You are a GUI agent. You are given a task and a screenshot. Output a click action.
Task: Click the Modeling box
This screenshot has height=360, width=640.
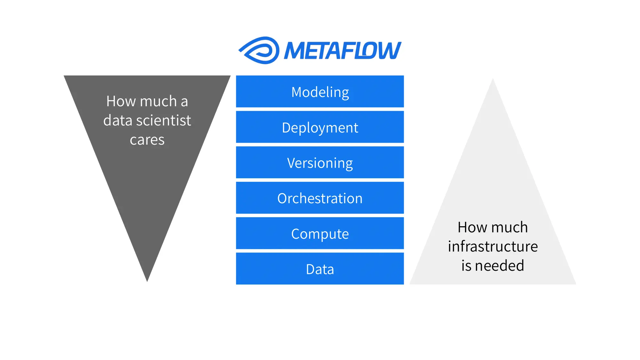click(x=320, y=92)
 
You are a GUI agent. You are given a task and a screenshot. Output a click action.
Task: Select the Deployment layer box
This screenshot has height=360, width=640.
click(x=320, y=127)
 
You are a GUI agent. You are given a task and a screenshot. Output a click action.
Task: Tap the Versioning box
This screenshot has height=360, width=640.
click(x=320, y=163)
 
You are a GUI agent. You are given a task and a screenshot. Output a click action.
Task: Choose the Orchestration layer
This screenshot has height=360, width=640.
click(x=320, y=198)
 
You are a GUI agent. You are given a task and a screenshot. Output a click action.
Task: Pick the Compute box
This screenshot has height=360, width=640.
click(x=320, y=233)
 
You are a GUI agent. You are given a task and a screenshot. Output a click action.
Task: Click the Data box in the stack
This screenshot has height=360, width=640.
click(x=320, y=269)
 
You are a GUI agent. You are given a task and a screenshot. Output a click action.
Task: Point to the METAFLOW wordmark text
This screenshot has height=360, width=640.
click(x=342, y=51)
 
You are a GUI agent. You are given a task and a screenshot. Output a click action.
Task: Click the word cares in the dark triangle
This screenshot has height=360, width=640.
click(x=147, y=140)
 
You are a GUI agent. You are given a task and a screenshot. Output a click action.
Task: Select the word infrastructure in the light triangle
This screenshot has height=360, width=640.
click(x=493, y=246)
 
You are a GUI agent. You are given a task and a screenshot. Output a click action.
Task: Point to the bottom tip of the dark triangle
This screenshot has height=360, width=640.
click(x=147, y=280)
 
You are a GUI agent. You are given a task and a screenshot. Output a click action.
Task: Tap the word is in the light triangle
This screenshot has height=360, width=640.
click(x=466, y=266)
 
